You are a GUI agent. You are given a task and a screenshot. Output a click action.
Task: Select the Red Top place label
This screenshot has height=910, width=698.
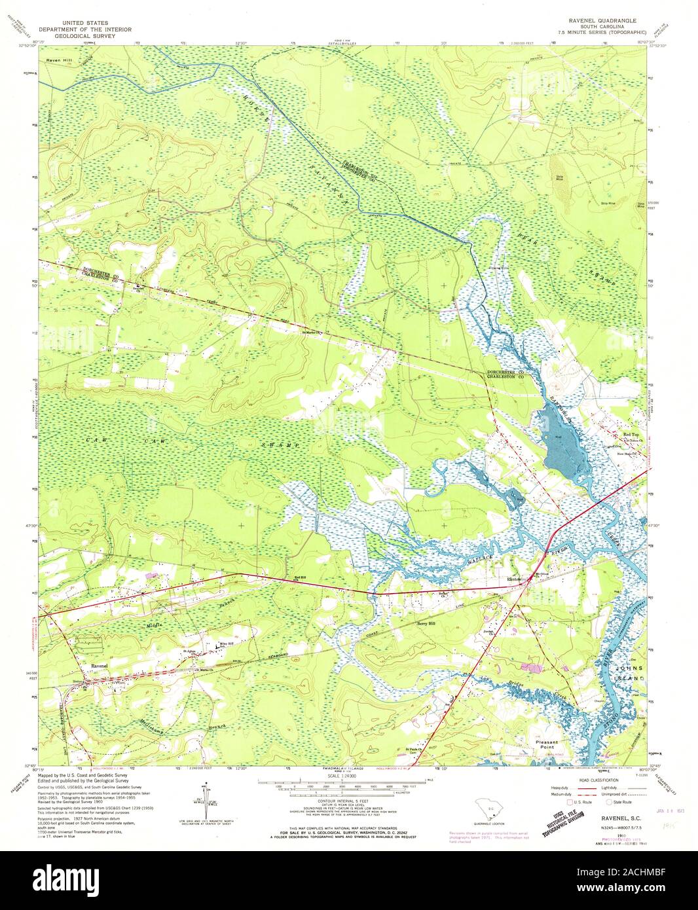(631, 435)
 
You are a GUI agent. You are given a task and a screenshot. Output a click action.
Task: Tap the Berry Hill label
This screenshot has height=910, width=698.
(426, 625)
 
